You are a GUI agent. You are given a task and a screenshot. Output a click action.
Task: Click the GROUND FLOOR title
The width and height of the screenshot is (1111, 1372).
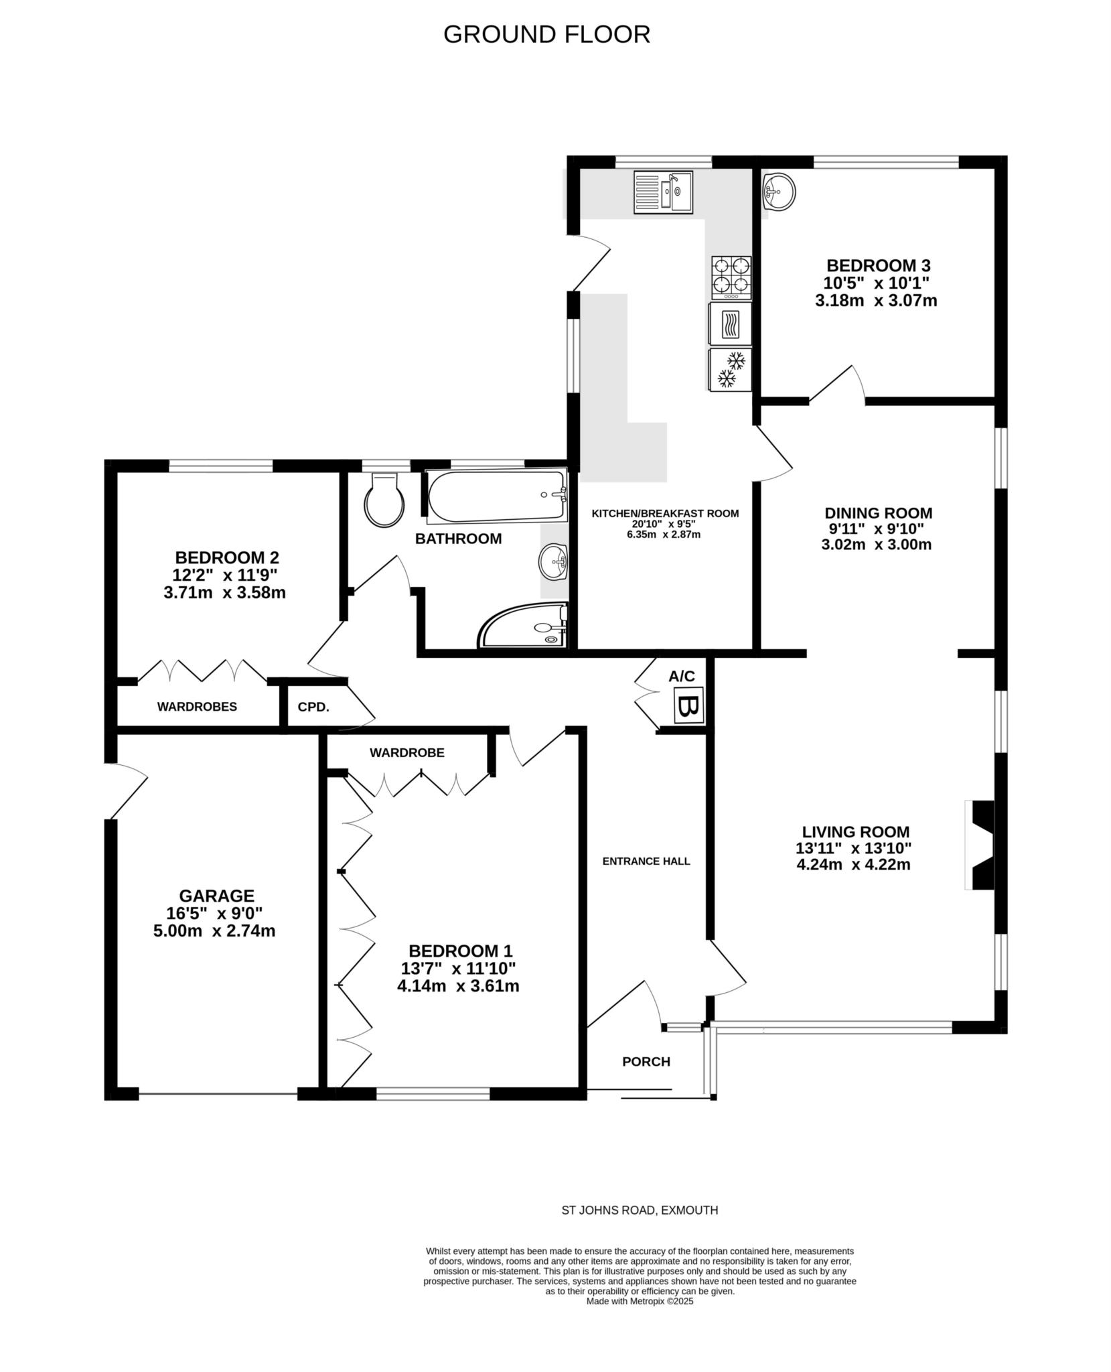point(546,34)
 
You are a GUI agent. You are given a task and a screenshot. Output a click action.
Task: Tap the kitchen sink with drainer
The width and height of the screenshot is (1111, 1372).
point(663,192)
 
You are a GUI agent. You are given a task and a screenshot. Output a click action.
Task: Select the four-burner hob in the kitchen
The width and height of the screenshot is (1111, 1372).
point(731,277)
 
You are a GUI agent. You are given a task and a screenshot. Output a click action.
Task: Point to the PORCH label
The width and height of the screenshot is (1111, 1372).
point(646,1061)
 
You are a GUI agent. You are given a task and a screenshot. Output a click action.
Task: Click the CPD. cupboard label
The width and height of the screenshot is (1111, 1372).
point(313,707)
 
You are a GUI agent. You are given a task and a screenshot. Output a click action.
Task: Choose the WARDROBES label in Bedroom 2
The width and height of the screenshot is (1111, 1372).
point(197,707)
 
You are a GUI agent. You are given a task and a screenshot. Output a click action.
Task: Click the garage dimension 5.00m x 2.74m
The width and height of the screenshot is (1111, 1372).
point(214,931)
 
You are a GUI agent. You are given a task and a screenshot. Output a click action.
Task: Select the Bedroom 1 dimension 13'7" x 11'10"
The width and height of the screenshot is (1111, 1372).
point(460,968)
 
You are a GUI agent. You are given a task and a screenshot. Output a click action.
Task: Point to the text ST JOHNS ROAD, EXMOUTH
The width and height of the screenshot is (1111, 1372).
point(639,1210)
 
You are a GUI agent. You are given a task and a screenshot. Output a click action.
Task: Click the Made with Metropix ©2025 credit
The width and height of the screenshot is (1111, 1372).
point(640,1301)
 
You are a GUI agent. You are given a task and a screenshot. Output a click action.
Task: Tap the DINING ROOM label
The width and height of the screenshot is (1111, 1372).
point(877,513)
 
